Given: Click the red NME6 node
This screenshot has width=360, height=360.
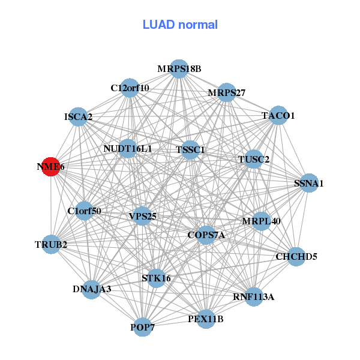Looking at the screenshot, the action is [52, 167].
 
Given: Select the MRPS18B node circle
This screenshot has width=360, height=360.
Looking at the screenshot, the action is [179, 69].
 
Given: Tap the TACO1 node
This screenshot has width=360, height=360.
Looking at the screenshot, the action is [278, 115].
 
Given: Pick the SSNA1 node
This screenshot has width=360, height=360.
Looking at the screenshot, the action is [308, 183].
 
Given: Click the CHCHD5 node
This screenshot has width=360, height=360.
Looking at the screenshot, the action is [296, 257].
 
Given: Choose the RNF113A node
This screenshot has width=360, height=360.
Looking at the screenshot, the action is [253, 296].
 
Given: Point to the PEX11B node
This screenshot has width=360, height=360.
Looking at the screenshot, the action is [205, 319].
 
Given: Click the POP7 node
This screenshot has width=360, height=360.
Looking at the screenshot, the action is [142, 327].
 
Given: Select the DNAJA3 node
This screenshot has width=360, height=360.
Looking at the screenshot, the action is [91, 289].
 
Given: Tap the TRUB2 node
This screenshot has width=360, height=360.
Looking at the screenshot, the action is [51, 244].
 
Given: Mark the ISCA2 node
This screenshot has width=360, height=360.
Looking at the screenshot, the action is [79, 116].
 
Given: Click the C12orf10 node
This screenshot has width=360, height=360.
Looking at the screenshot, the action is [130, 88].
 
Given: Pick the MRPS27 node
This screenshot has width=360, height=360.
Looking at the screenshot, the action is [226, 92].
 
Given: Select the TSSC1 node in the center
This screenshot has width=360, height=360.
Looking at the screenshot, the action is [190, 149].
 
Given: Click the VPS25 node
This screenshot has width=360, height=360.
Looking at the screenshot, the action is [142, 216].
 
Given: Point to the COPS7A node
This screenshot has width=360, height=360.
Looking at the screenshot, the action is [206, 235].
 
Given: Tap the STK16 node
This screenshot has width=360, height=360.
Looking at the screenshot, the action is [156, 278].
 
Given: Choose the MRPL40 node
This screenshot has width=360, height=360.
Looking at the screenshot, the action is [261, 221].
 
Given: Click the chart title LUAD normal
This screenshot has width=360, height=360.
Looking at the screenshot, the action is [180, 25].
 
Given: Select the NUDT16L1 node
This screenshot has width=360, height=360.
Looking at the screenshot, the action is [128, 148].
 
